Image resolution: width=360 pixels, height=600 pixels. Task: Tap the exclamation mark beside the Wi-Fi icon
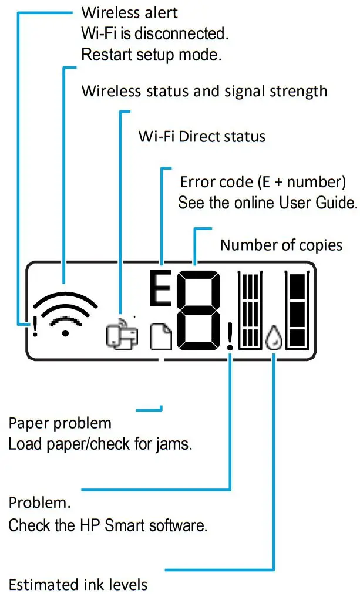click(35, 326)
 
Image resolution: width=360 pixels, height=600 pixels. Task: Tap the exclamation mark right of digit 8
click(230, 339)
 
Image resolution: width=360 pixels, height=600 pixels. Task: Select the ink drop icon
click(272, 339)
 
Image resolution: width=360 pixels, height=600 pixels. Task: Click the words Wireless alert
click(129, 12)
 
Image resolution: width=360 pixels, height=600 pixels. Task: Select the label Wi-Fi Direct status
click(202, 137)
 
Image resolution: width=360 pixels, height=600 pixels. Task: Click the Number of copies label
click(281, 245)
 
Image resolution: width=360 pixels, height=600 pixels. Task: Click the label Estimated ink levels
click(78, 584)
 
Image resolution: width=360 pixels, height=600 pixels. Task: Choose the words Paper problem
click(59, 423)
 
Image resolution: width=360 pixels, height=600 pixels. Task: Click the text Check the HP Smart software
click(107, 525)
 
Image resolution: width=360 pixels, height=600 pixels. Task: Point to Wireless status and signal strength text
click(204, 92)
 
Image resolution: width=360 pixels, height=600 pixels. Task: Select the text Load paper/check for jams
click(100, 444)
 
